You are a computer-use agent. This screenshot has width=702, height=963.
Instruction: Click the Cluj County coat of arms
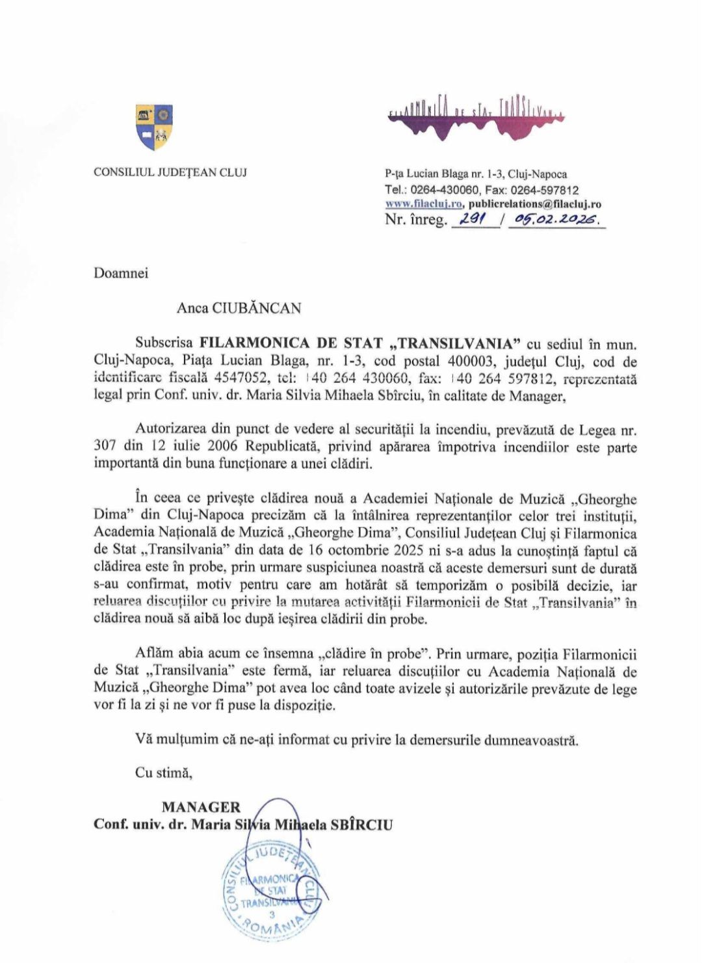154,127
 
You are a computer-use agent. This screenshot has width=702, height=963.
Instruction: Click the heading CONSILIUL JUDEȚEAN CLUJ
170,172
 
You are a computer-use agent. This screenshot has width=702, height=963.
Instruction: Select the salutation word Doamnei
121,273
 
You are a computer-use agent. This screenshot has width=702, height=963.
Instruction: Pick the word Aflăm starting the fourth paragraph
153,653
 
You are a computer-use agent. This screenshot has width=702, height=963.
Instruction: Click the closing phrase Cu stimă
164,772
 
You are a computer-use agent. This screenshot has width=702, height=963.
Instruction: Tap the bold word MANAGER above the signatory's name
201,807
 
